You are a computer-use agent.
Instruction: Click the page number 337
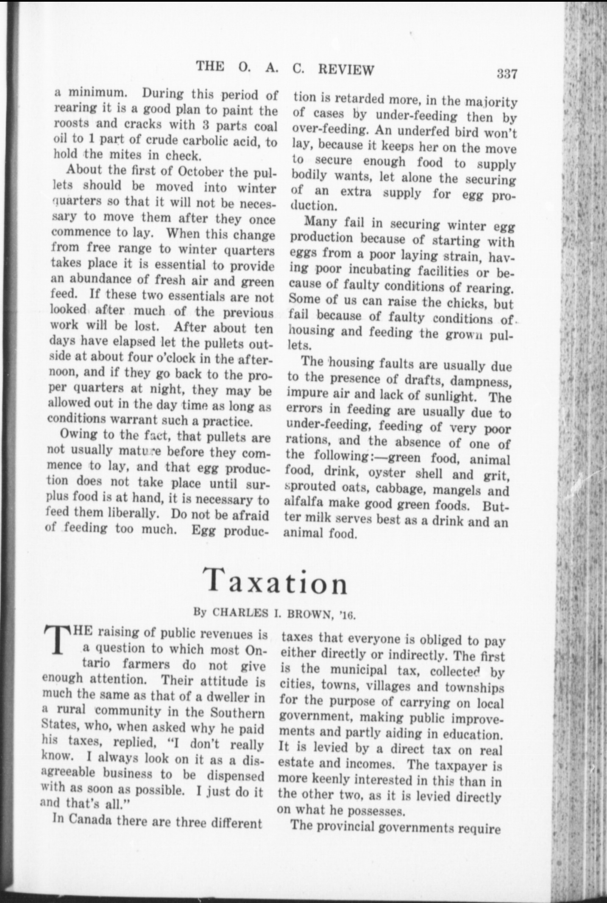pos(507,74)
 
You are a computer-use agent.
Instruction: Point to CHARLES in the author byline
pos(240,612)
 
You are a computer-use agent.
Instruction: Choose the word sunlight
pos(451,396)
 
